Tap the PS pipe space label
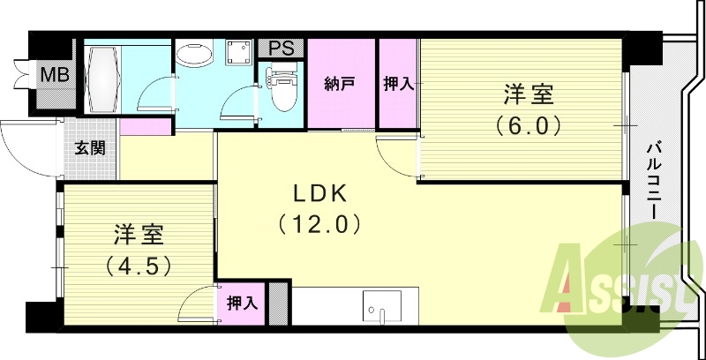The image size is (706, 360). click(282, 48)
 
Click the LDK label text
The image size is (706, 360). click(319, 193)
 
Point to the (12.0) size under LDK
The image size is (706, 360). click(319, 224)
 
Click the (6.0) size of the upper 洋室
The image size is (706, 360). click(528, 124)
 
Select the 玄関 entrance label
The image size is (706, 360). click(89, 147)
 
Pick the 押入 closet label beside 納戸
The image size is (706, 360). click(397, 85)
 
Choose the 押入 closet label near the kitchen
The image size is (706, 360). click(242, 304)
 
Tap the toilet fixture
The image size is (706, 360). click(282, 94)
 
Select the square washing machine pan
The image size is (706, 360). click(237, 54)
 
